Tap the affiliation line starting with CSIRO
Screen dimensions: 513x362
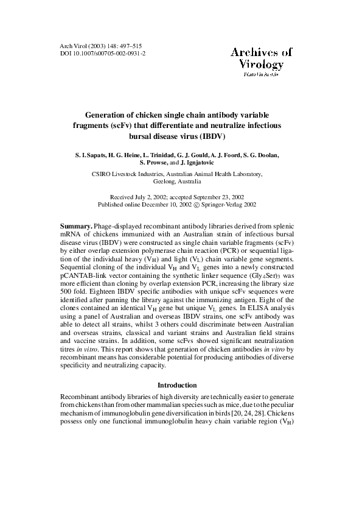tap(181, 174)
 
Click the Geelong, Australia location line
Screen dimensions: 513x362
tap(181, 182)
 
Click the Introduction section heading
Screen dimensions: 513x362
tap(177, 385)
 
